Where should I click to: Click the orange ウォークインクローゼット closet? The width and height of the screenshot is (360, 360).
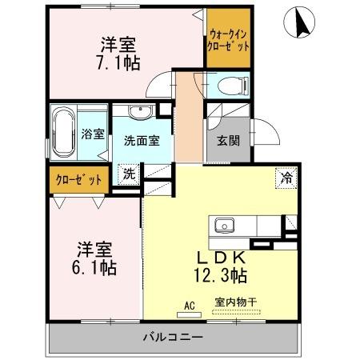tap(229, 41)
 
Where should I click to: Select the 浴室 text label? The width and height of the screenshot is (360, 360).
tap(93, 134)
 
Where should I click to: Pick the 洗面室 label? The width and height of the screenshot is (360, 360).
tap(142, 139)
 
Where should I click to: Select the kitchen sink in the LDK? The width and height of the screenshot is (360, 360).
tap(222, 225)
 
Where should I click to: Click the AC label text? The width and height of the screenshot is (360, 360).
tap(190, 305)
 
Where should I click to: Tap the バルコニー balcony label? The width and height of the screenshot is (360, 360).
tap(174, 337)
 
